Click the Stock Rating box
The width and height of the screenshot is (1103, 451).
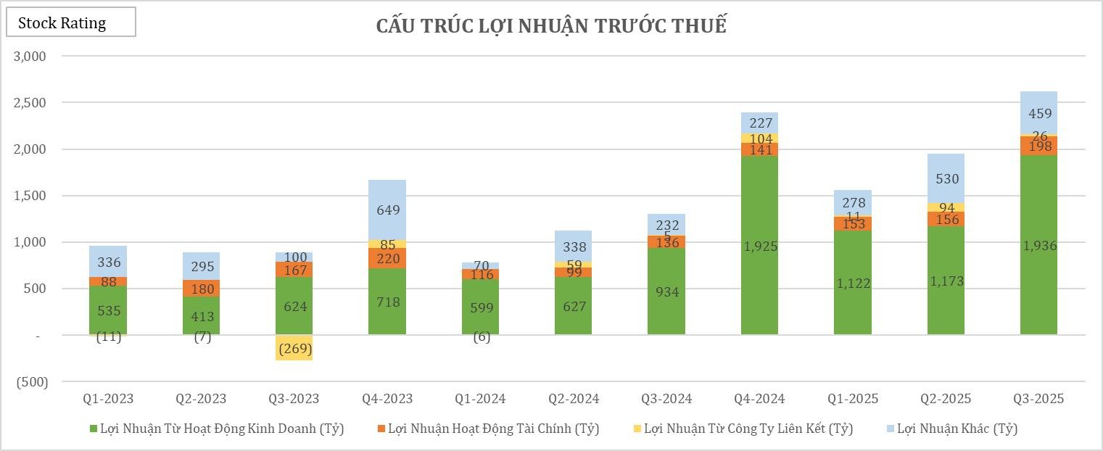70,22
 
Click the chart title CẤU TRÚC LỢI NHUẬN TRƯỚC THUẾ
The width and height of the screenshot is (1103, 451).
551,26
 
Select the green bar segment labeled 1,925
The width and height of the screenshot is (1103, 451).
760,245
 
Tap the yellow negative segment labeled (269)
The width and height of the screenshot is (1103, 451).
294,348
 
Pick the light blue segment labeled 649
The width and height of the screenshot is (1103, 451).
387,210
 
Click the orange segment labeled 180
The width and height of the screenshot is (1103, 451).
201,289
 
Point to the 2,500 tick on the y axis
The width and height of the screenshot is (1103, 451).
30,103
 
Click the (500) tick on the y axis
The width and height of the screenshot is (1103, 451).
32,382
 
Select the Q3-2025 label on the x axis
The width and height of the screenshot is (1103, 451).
1038,399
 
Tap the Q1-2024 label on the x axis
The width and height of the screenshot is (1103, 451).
480,399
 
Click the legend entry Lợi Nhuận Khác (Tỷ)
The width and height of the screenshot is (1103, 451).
957,429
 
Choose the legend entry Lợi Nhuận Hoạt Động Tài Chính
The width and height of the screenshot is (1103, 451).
493,429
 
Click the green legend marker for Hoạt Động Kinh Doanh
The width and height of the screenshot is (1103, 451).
92,429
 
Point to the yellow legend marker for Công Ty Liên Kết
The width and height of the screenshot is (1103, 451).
637,429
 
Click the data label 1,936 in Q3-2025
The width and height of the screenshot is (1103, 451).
1039,246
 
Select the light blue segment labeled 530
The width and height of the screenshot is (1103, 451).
946,178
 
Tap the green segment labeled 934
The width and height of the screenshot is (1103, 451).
666,291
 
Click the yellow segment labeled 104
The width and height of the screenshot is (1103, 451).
760,138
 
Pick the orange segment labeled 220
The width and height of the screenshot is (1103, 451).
387,258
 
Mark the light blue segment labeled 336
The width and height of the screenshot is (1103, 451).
108,261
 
